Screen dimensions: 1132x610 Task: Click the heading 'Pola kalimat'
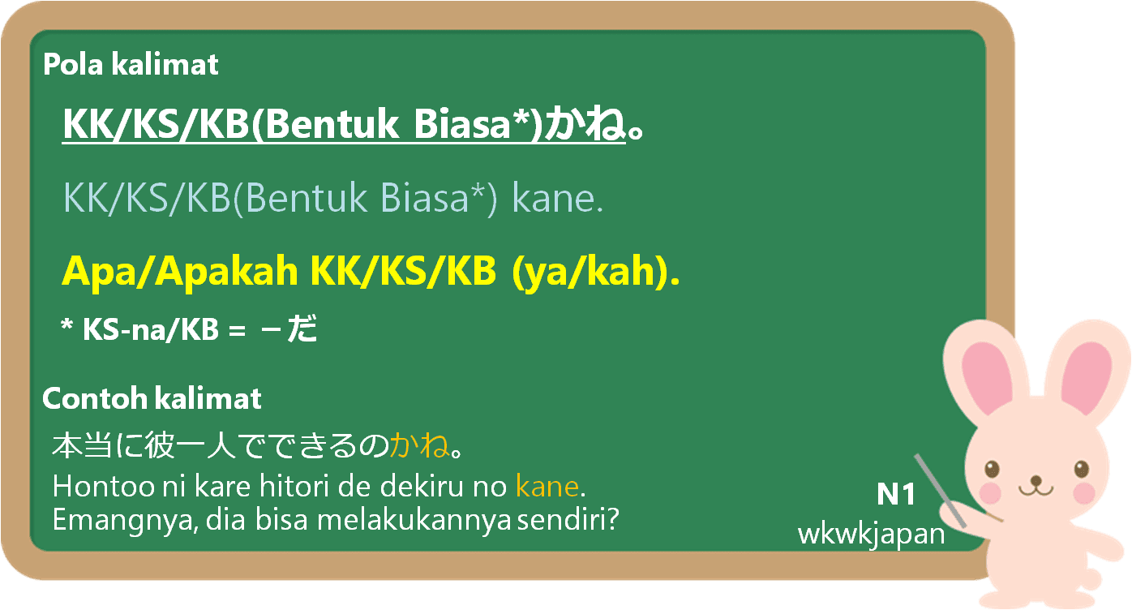click(x=131, y=65)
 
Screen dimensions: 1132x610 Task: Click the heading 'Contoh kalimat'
click(x=152, y=398)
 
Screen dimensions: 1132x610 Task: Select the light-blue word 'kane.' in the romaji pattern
click(x=558, y=199)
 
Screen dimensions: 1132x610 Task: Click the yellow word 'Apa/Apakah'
click(x=179, y=272)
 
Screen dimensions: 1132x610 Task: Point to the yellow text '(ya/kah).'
click(x=596, y=272)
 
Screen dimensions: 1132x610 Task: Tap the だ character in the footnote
click(x=302, y=329)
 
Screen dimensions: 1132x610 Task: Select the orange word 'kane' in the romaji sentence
click(x=547, y=487)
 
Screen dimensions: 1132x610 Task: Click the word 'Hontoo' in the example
click(x=104, y=486)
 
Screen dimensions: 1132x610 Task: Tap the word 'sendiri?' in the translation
click(x=568, y=519)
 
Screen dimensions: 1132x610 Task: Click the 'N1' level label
click(x=896, y=494)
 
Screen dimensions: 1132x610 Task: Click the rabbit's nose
click(x=1036, y=480)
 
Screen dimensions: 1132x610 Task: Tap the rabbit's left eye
click(x=992, y=470)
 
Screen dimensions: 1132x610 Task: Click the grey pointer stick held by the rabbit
click(x=940, y=490)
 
